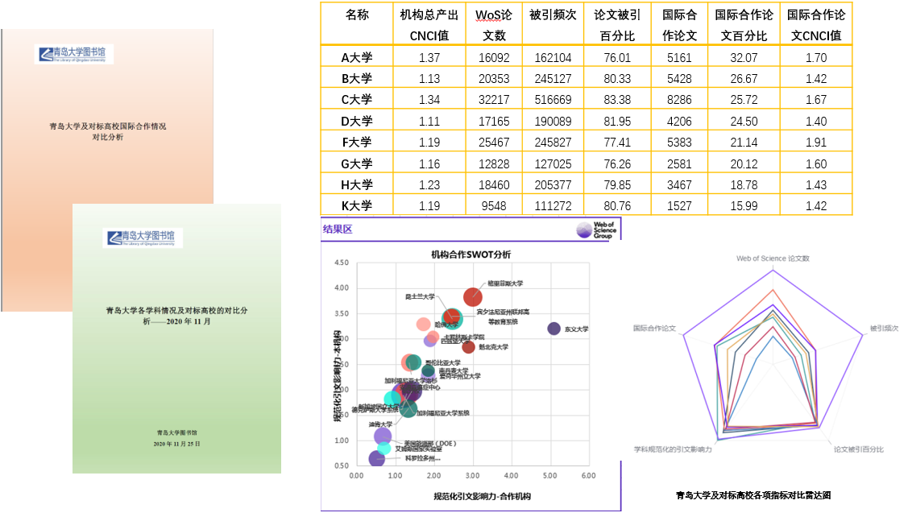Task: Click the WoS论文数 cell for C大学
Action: pos(494,100)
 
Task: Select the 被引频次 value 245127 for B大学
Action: pos(553,79)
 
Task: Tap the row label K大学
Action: pos(356,206)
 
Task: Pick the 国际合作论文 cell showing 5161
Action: pos(679,58)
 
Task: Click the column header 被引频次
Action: pos(553,15)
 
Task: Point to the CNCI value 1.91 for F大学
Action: pos(815,143)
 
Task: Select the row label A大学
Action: pos(356,58)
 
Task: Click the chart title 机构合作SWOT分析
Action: pos(471,254)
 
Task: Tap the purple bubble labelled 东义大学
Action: pos(554,329)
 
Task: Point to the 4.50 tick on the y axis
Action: pos(340,263)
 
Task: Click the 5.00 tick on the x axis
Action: pos(549,476)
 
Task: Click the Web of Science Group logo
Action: pos(595,230)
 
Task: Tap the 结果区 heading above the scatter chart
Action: pos(338,230)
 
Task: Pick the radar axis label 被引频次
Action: pos(884,329)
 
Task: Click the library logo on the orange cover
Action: pos(74,55)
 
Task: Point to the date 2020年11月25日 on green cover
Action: pos(176,444)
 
